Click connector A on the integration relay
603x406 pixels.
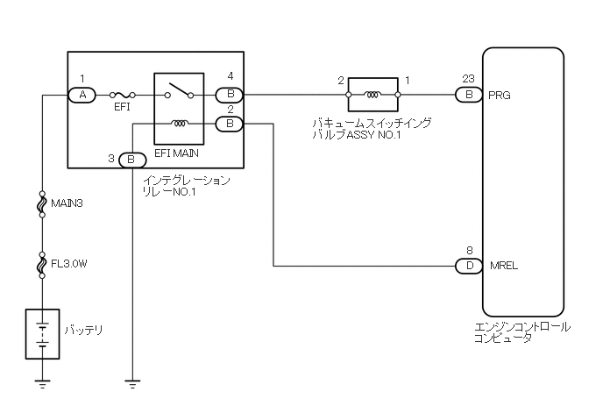[82, 94]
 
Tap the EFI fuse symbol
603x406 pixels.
[123, 94]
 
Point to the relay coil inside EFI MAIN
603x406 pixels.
[180, 124]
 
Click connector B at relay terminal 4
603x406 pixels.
[230, 94]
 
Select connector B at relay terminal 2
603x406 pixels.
[230, 124]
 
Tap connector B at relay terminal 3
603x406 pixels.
[131, 160]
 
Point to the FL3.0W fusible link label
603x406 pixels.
[70, 260]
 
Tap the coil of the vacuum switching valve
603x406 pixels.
[373, 94]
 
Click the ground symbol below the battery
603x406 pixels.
[41, 383]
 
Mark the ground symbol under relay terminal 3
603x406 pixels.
[131, 383]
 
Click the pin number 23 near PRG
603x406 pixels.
[468, 78]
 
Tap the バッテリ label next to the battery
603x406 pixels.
[83, 331]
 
